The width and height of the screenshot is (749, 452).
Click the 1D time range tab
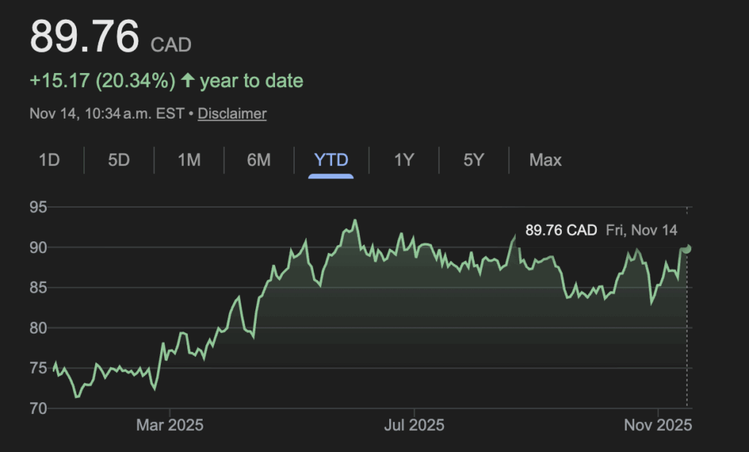tap(49, 159)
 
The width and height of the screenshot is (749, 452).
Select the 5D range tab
tap(118, 159)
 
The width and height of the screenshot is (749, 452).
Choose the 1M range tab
tap(189, 159)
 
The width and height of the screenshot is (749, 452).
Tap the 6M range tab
tap(259, 159)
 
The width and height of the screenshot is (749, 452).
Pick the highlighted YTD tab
tap(331, 159)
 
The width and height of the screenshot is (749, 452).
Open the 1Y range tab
tap(404, 159)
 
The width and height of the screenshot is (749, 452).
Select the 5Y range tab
tap(474, 159)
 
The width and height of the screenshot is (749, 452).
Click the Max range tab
tap(546, 159)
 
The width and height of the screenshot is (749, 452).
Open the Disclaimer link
tap(232, 113)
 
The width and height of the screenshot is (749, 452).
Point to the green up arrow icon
tap(188, 80)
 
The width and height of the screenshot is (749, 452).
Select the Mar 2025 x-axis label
tap(170, 425)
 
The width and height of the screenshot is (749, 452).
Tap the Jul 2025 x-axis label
tap(414, 425)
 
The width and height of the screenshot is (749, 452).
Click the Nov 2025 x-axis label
tap(658, 425)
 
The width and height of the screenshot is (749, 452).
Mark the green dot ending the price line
tap(687, 248)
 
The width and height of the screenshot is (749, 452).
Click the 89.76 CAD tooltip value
tap(561, 230)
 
